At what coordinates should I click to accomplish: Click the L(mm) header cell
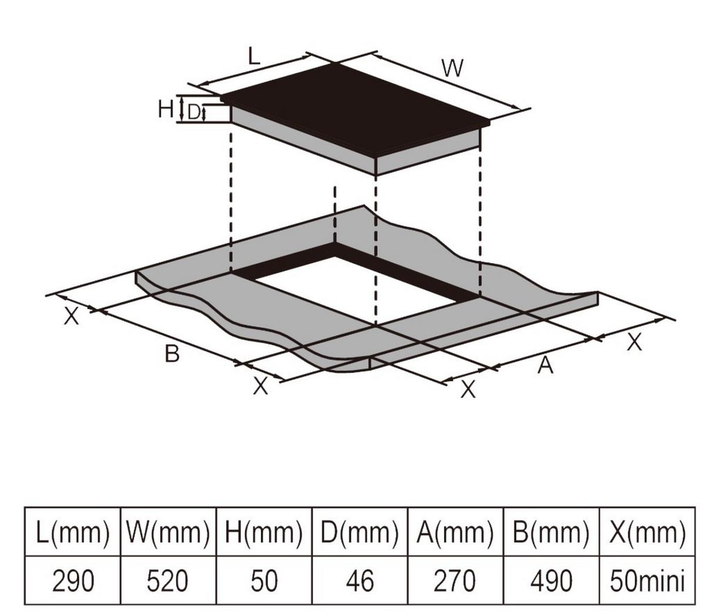[72, 532]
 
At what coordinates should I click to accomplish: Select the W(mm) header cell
[168, 532]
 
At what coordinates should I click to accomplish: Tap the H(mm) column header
[264, 532]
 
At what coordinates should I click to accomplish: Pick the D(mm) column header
[360, 532]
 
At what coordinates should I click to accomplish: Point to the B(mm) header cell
[552, 532]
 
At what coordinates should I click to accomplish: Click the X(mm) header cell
[647, 532]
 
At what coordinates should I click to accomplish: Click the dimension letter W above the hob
[452, 68]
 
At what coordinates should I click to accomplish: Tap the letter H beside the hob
[166, 109]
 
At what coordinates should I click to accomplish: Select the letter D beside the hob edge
[193, 112]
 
